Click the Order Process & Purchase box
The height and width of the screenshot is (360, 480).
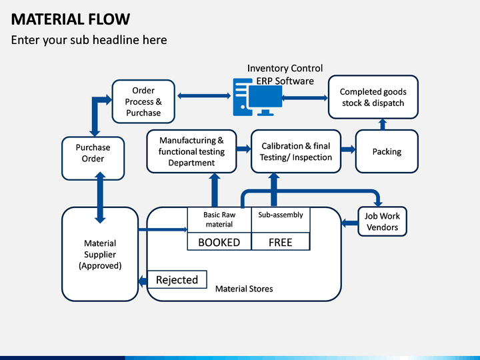click(x=143, y=101)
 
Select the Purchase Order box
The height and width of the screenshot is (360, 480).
click(x=93, y=158)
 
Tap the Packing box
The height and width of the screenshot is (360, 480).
click(x=387, y=151)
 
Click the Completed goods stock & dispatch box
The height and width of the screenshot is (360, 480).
click(x=373, y=97)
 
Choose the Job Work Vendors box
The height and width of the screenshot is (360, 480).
click(x=383, y=221)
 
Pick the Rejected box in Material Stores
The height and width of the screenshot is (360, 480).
click(x=177, y=279)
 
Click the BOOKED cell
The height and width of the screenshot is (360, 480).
click(x=219, y=241)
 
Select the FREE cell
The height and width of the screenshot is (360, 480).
click(x=281, y=241)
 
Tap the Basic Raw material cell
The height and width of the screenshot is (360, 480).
click(x=219, y=220)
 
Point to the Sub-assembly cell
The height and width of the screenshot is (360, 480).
click(x=281, y=220)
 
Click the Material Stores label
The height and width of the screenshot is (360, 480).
click(x=244, y=289)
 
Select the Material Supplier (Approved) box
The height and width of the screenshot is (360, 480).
click(x=100, y=254)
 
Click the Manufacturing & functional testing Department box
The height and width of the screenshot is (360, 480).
click(x=191, y=151)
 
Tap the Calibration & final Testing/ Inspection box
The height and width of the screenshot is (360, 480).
click(x=296, y=151)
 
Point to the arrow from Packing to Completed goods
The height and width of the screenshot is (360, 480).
click(x=383, y=124)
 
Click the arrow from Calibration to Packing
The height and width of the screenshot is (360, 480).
click(x=349, y=149)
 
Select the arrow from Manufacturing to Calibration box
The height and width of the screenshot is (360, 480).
click(x=244, y=149)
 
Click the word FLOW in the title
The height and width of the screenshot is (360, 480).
click(x=109, y=19)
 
